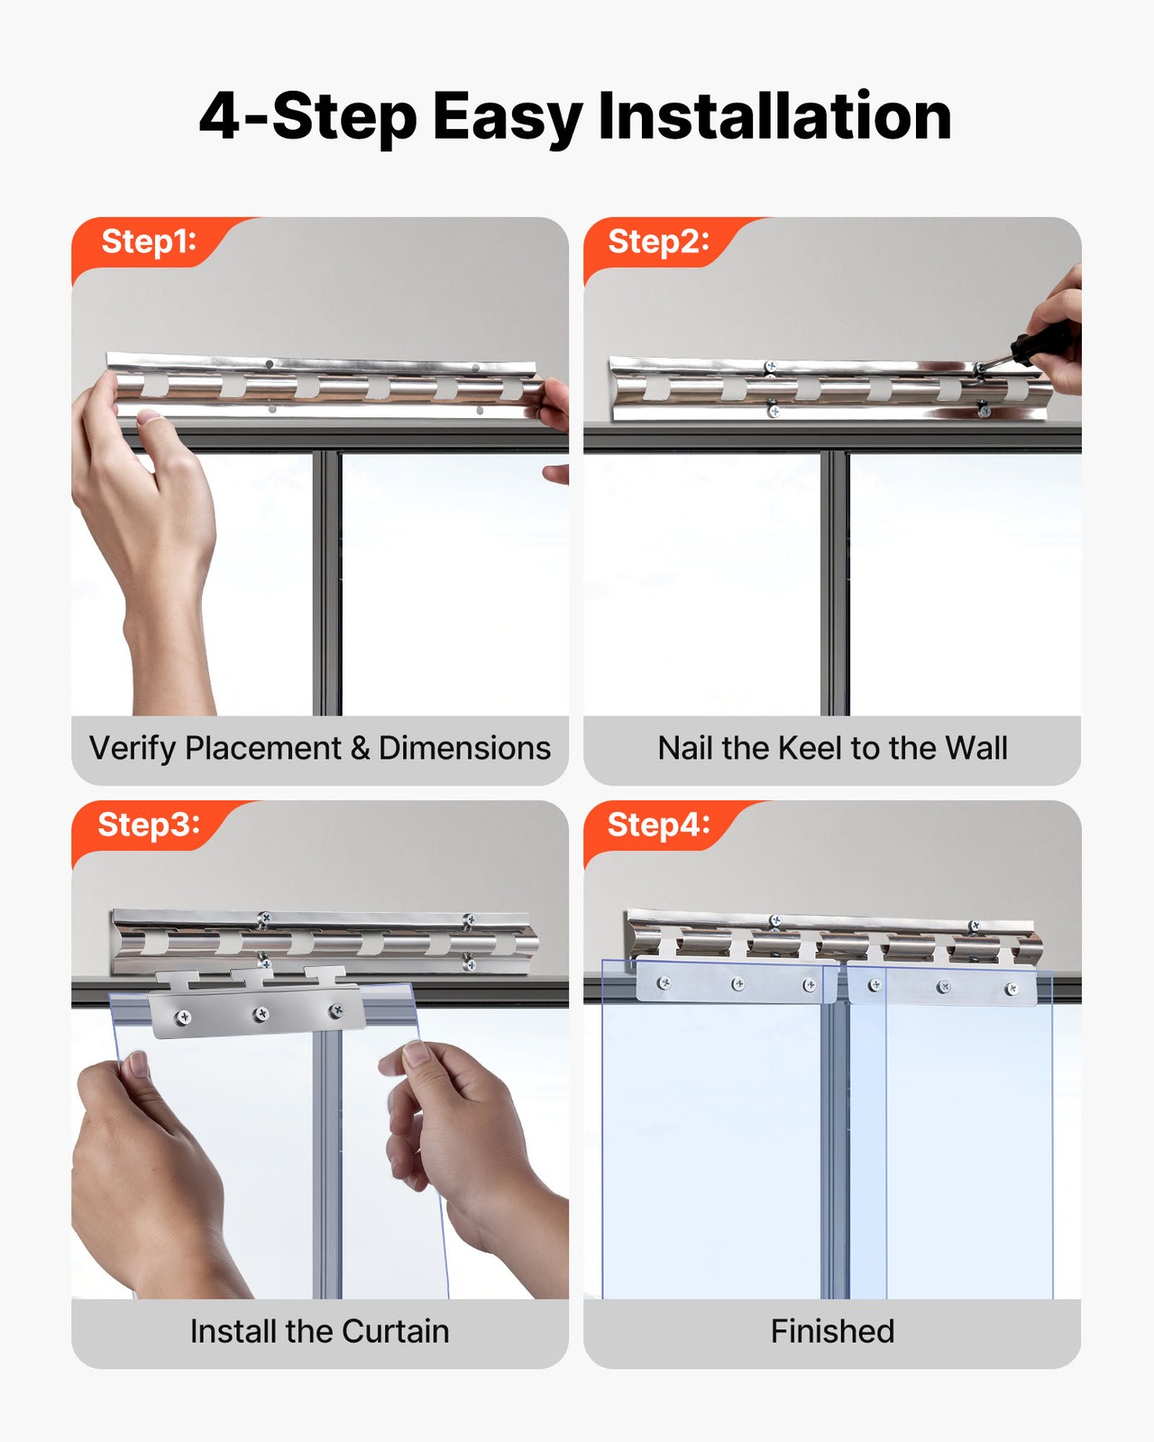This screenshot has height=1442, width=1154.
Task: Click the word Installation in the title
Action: click(774, 116)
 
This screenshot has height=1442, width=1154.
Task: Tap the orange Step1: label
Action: click(149, 242)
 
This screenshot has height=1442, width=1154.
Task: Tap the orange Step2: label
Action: click(658, 242)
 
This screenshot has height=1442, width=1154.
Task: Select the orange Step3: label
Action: click(149, 825)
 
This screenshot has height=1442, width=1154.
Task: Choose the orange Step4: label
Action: click(658, 825)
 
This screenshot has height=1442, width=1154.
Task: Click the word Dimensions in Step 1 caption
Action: click(464, 748)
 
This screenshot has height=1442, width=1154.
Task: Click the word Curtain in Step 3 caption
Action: click(395, 1331)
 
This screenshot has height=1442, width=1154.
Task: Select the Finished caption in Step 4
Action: click(832, 1331)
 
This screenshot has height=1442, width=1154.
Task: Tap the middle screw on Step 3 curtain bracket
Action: click(261, 1014)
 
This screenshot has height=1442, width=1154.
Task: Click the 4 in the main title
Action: click(219, 117)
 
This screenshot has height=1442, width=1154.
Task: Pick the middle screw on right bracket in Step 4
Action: click(943, 987)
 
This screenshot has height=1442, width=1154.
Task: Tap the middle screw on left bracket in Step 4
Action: click(738, 984)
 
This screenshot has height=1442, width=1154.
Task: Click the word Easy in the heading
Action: click(508, 117)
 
